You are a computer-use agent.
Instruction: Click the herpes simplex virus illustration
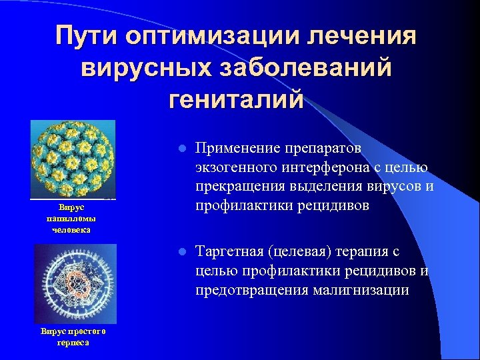click(x=75, y=284)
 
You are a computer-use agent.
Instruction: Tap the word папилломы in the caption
click(x=71, y=219)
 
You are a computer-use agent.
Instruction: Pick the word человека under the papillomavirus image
click(x=71, y=229)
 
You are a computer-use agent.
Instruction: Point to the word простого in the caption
click(x=85, y=332)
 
